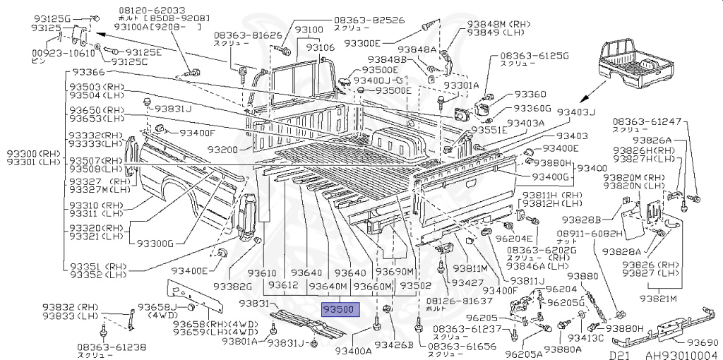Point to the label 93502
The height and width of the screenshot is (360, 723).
pyautogui.click(x=415, y=286)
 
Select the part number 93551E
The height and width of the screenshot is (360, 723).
pyautogui.click(x=489, y=131)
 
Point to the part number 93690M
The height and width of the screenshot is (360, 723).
pyautogui.click(x=395, y=272)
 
